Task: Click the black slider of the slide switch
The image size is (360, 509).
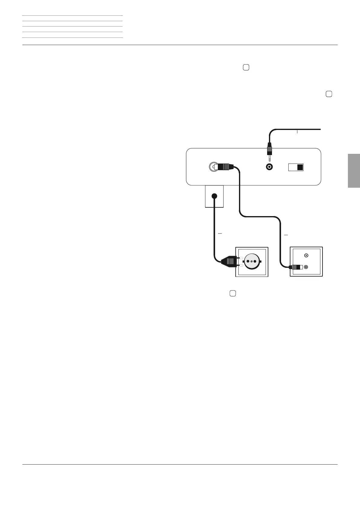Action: [300, 167]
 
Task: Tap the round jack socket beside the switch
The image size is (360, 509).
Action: [269, 167]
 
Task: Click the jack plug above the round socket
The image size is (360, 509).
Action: [269, 149]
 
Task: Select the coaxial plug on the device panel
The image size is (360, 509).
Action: [223, 167]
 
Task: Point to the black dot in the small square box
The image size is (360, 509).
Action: [214, 196]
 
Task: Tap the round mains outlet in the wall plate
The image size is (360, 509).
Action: [251, 261]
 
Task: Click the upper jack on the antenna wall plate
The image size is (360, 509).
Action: [306, 255]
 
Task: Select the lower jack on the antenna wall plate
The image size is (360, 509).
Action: [306, 267]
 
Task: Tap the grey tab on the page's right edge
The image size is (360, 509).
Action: [354, 171]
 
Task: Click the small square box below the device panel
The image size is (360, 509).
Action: [214, 196]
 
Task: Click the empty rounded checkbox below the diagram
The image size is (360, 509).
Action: [232, 293]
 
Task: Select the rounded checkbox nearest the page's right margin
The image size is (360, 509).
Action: [329, 94]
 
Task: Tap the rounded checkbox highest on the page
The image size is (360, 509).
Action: [246, 68]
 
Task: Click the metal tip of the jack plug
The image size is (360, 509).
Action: [269, 158]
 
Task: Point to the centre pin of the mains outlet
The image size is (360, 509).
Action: [251, 261]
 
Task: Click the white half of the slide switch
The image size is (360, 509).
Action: [293, 167]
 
